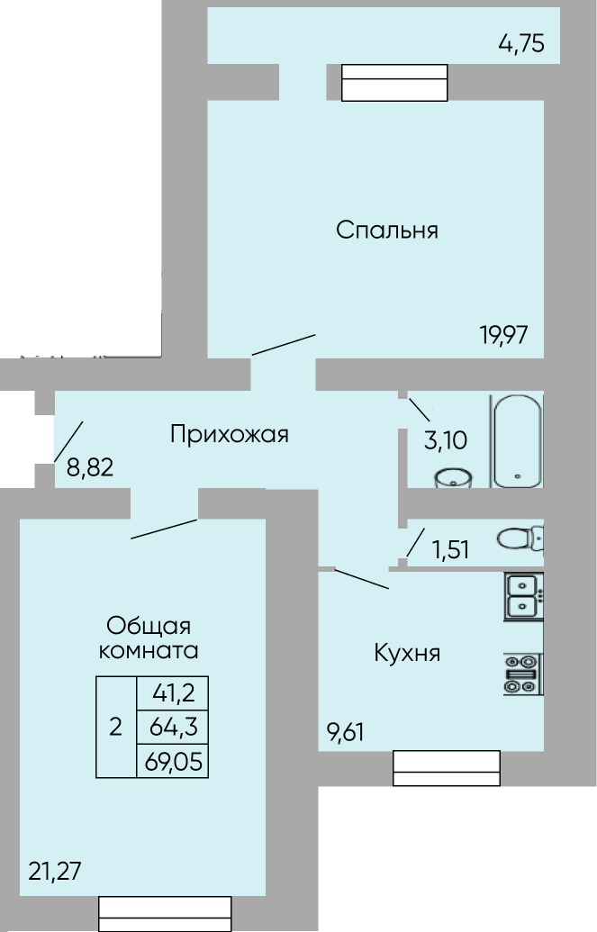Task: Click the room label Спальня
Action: tap(387, 230)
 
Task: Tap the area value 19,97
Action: tap(504, 335)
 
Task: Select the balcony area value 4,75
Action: tap(521, 44)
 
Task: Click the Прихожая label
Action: tap(230, 434)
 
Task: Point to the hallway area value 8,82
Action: tap(90, 467)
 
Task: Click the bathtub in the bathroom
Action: tap(517, 440)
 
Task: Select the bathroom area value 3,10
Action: tap(446, 440)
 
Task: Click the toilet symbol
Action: tap(520, 538)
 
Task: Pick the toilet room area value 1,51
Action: tap(451, 550)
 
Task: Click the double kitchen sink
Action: tap(523, 596)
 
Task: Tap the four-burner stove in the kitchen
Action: tap(523, 674)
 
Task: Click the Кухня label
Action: tap(407, 653)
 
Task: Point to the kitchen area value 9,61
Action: tap(346, 732)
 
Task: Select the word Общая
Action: tap(149, 626)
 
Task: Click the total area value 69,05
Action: tap(173, 762)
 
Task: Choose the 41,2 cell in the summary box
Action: tap(173, 693)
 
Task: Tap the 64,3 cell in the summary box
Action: tap(174, 727)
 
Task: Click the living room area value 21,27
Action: tap(55, 872)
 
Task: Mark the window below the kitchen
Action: tap(446, 768)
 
